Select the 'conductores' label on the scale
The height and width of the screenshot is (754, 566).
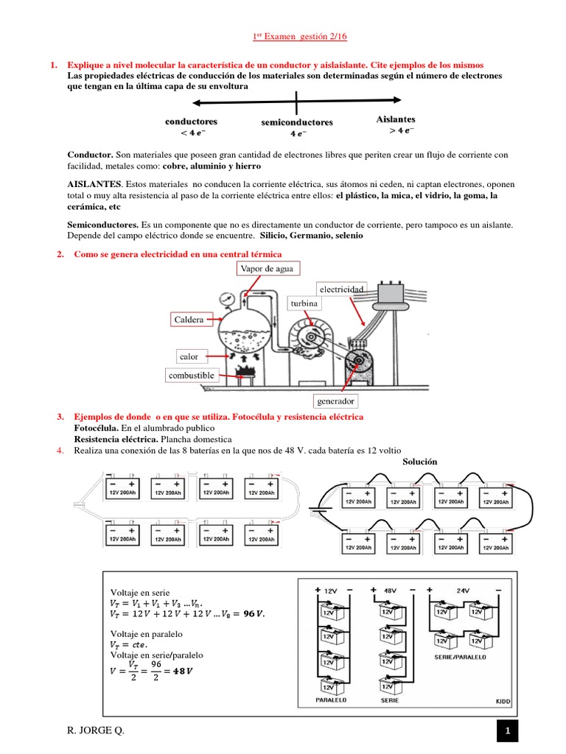click(191, 121)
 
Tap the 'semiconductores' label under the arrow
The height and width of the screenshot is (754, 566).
click(297, 122)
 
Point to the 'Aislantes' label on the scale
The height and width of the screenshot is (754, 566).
click(396, 119)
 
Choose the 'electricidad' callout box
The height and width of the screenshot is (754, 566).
click(340, 289)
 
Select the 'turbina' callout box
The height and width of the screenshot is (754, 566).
click(304, 303)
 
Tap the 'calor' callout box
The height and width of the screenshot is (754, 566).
click(189, 356)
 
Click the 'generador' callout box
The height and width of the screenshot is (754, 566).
click(336, 401)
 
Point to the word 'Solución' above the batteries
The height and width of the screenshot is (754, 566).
click(420, 461)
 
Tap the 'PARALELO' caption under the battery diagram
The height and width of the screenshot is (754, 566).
click(331, 700)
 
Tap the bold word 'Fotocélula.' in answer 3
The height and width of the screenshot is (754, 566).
click(97, 428)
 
